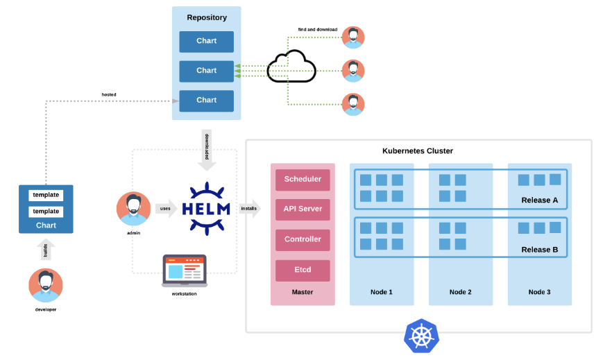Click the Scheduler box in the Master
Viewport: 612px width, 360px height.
click(x=303, y=180)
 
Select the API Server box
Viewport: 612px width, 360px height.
click(x=303, y=209)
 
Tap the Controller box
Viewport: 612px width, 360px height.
click(x=303, y=240)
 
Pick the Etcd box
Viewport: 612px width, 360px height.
click(x=303, y=271)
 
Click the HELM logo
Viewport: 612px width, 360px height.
click(x=206, y=209)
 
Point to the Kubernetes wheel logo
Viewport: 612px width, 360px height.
click(x=422, y=336)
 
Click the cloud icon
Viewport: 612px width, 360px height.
click(x=291, y=67)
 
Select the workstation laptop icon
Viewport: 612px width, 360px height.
click(x=185, y=271)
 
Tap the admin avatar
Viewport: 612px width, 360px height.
click(x=133, y=209)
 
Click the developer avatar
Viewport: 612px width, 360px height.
click(x=46, y=285)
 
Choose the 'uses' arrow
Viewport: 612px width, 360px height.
click(x=167, y=209)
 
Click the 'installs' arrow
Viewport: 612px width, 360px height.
click(x=250, y=209)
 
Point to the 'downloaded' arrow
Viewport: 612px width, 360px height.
click(x=207, y=150)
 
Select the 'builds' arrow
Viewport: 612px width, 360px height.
click(x=46, y=249)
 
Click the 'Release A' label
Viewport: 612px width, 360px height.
click(x=539, y=200)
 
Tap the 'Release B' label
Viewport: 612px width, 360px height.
click(x=539, y=250)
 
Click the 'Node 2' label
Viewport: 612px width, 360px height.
click(x=460, y=292)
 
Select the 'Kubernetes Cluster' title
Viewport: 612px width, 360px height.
click(x=418, y=151)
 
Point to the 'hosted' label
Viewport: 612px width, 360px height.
click(x=109, y=94)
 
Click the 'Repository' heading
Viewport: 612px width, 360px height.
click(x=207, y=17)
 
